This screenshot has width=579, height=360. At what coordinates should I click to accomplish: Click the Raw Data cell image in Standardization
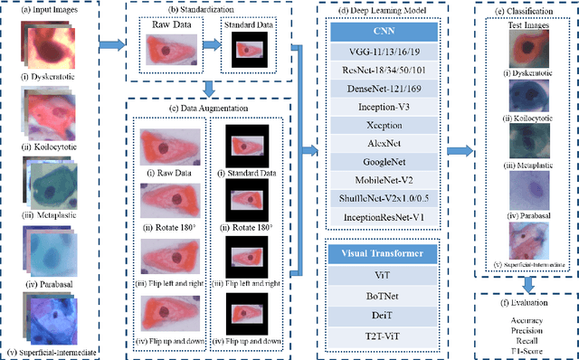(169, 52)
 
